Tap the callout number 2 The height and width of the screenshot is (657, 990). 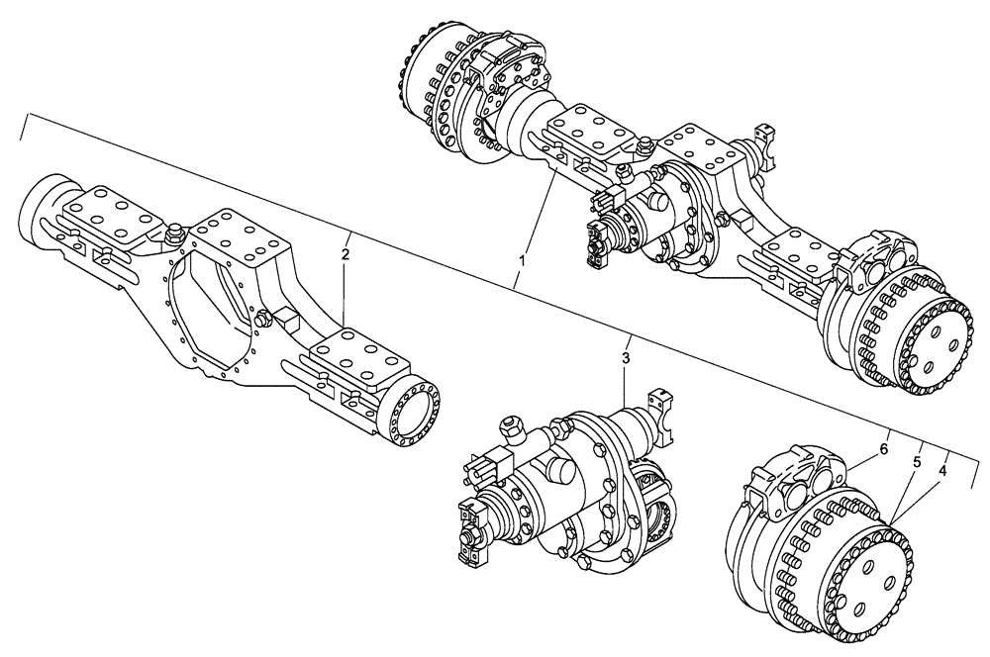345,254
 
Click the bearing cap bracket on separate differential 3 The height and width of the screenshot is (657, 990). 659,407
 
